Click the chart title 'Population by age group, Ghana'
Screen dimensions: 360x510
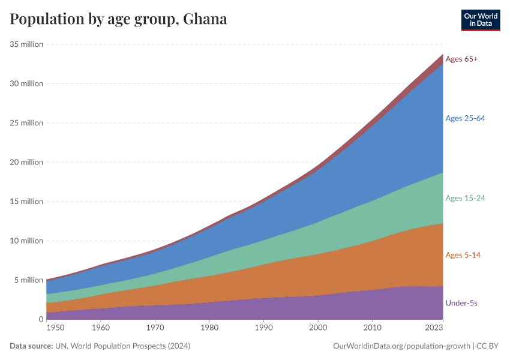click(118, 19)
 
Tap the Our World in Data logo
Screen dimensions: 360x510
click(481, 20)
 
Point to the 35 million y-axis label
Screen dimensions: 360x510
click(26, 44)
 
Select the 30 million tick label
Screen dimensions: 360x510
click(26, 83)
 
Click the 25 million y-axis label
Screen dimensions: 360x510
click(26, 123)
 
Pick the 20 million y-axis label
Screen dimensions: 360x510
click(26, 162)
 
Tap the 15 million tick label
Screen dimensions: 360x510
click(26, 202)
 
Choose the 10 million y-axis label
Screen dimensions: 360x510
click(26, 241)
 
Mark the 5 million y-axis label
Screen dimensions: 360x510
click(29, 280)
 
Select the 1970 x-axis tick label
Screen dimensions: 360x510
click(155, 328)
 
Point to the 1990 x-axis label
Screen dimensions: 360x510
click(263, 328)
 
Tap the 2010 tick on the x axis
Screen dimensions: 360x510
click(372, 328)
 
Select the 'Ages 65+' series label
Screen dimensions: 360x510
click(461, 59)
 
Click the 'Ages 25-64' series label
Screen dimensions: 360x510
click(465, 118)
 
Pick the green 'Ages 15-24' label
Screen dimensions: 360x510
click(465, 198)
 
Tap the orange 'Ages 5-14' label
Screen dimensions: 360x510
click(463, 255)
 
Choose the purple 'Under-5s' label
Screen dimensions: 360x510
click(461, 303)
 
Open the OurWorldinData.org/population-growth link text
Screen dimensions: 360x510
click(400, 346)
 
